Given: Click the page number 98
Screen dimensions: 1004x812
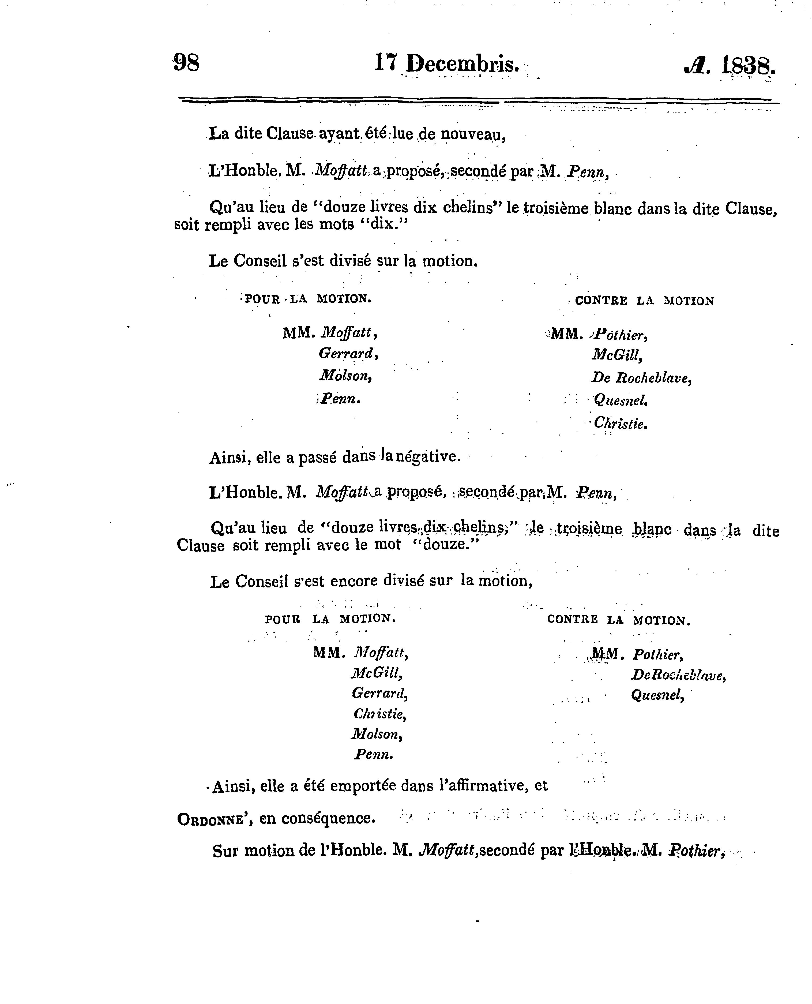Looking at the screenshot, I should [186, 63].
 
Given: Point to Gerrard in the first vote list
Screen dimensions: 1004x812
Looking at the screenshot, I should [348, 353].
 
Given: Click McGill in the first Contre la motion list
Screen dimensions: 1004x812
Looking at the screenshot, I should [616, 355].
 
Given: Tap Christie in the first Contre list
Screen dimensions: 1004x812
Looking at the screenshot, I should [620, 424].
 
